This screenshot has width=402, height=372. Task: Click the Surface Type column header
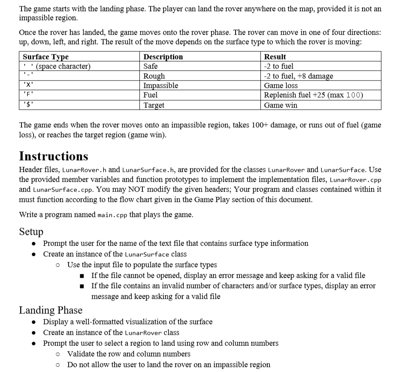pos(45,57)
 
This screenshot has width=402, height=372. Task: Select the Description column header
pos(163,57)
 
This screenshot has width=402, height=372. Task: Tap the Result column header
pos(275,57)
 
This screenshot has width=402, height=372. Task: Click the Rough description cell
pos(154,76)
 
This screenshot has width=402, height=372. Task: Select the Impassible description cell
pos(160,85)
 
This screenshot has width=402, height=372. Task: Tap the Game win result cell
pos(280,105)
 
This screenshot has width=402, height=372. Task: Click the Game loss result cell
pos(281,85)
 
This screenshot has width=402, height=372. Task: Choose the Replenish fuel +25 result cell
pos(314,95)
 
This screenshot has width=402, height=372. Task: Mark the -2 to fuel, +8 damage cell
pos(299,76)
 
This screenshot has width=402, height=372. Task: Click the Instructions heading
pos(54,156)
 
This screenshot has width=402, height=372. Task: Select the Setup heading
pos(31,231)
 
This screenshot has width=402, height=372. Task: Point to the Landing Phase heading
pos(51,309)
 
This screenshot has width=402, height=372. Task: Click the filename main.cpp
pos(112,215)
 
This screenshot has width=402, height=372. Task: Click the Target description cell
pos(154,105)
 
